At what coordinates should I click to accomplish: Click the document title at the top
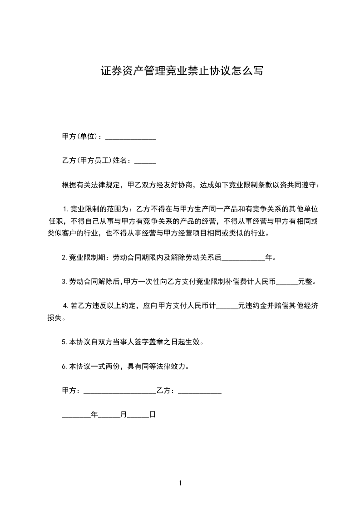pos(181,71)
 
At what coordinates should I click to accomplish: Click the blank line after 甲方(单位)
pos(130,137)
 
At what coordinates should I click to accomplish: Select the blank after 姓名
pos(145,161)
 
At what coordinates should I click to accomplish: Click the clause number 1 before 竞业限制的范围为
pos(65,209)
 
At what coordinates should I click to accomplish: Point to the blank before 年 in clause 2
pos(242,258)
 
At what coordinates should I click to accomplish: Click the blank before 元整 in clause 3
pos(286,282)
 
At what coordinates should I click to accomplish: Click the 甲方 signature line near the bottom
pos(120,391)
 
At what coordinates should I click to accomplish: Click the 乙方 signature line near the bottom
pos(199,391)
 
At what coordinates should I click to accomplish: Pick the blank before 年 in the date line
pos(76,415)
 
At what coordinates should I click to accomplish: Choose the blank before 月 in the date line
pos(108,415)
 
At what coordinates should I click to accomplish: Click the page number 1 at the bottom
pos(180,484)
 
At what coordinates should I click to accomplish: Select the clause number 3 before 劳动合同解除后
pos(65,282)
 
